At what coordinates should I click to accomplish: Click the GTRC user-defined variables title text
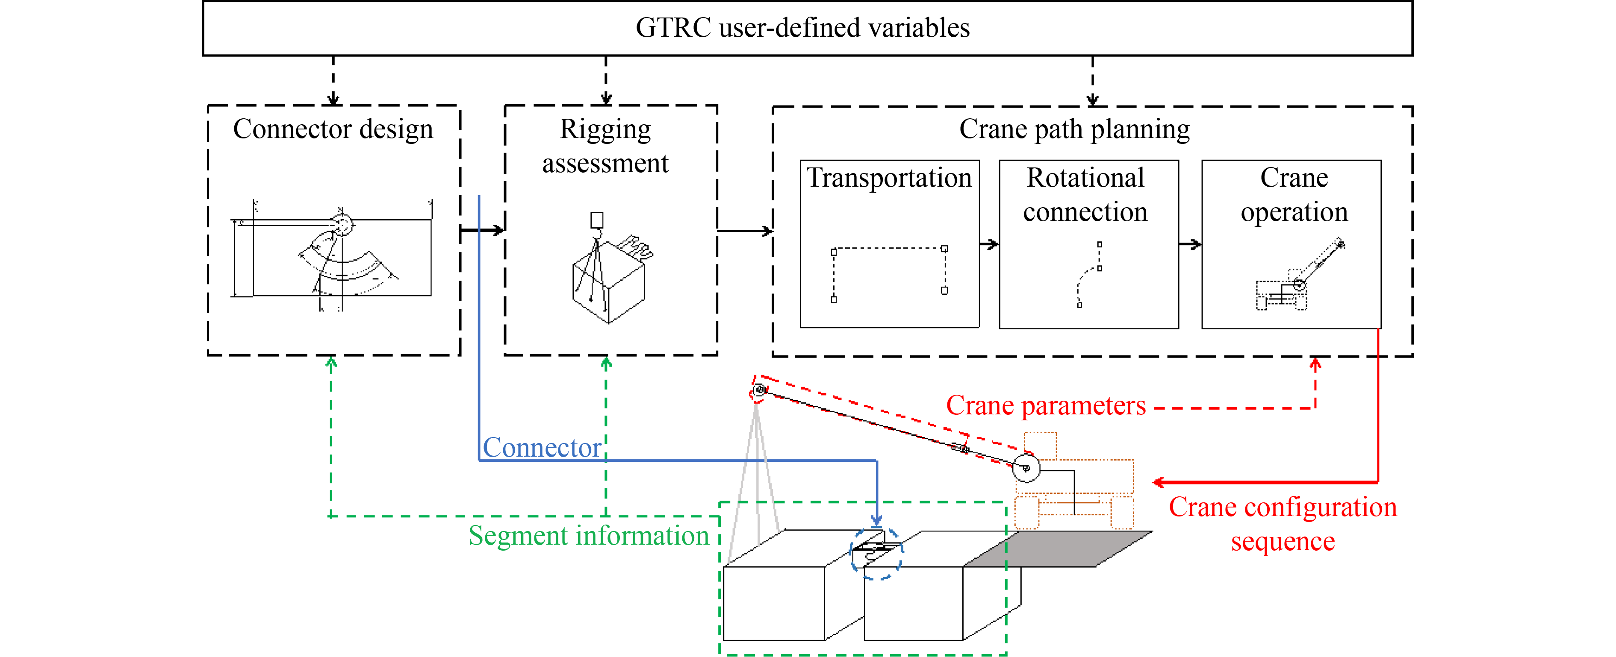coord(802,28)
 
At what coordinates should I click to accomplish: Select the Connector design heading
coord(333,129)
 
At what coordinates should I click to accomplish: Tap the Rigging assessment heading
coord(605,146)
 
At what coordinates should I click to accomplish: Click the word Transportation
coord(889,178)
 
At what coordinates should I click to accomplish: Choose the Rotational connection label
coord(1085,195)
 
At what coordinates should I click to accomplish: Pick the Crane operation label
coord(1294,195)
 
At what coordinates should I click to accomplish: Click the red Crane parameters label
coord(1046,406)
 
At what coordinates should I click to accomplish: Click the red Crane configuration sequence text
coord(1283,524)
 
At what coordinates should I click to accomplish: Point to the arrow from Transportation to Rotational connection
coord(989,244)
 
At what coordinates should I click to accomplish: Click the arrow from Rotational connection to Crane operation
coord(1190,244)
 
